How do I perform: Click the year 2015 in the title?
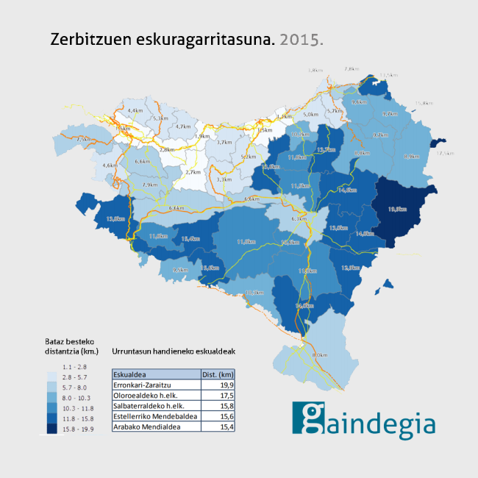(302, 39)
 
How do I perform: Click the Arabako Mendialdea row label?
(147, 427)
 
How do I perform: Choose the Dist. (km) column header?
(218, 374)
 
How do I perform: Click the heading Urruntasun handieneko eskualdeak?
(173, 352)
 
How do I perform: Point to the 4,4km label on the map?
(135, 110)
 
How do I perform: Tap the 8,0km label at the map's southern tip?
(320, 356)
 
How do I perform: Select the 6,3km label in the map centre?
(299, 219)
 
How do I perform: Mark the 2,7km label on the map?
(193, 172)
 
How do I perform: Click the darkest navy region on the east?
(401, 210)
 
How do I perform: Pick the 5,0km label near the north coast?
(311, 115)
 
